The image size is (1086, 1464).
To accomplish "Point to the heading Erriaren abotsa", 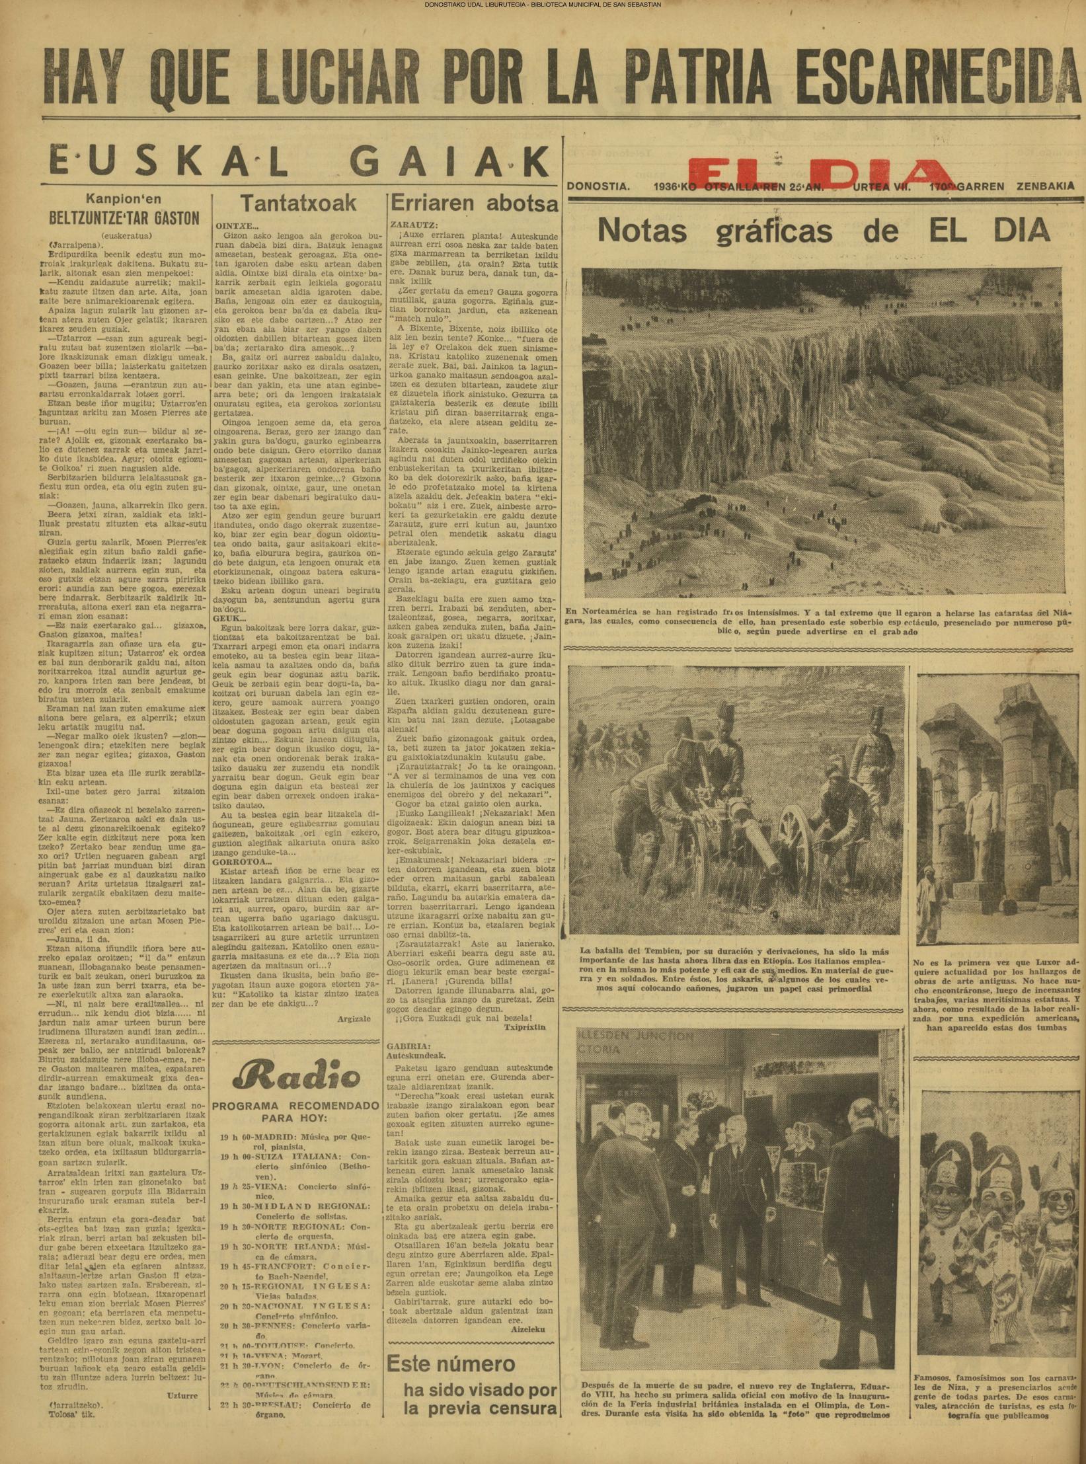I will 475,203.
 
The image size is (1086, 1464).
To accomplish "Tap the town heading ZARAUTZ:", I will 414,224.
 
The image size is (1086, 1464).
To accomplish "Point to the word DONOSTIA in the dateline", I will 599,186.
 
